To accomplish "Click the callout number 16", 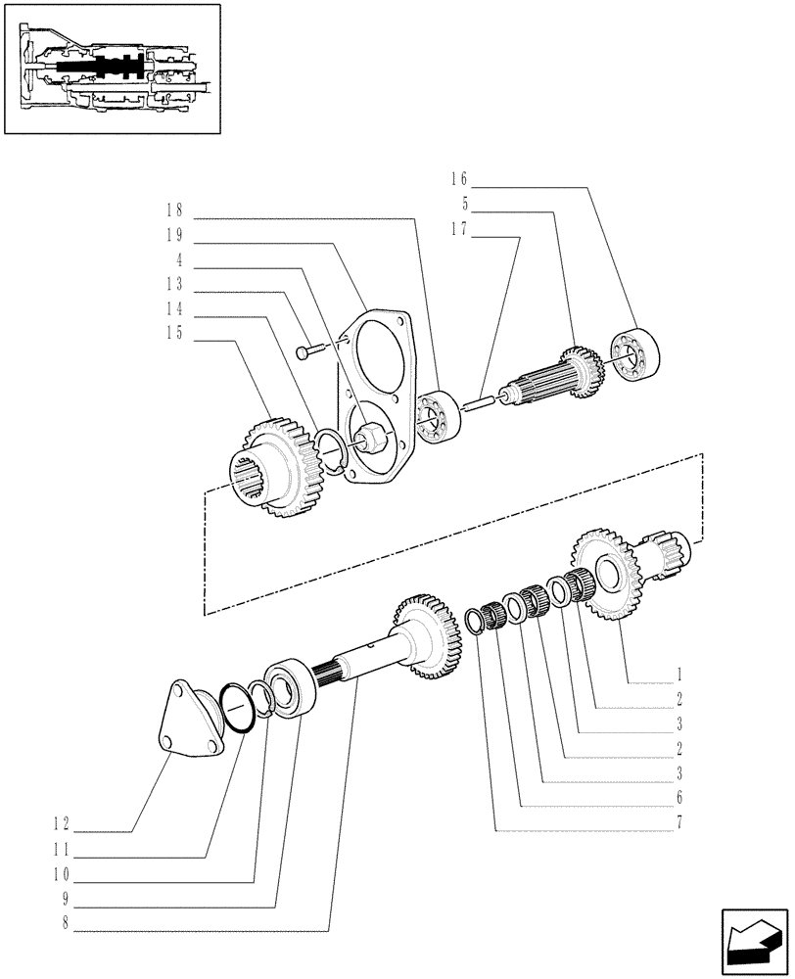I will click(459, 179).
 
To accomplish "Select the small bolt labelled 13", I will click(310, 350).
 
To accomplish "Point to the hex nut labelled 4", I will click(370, 433).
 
